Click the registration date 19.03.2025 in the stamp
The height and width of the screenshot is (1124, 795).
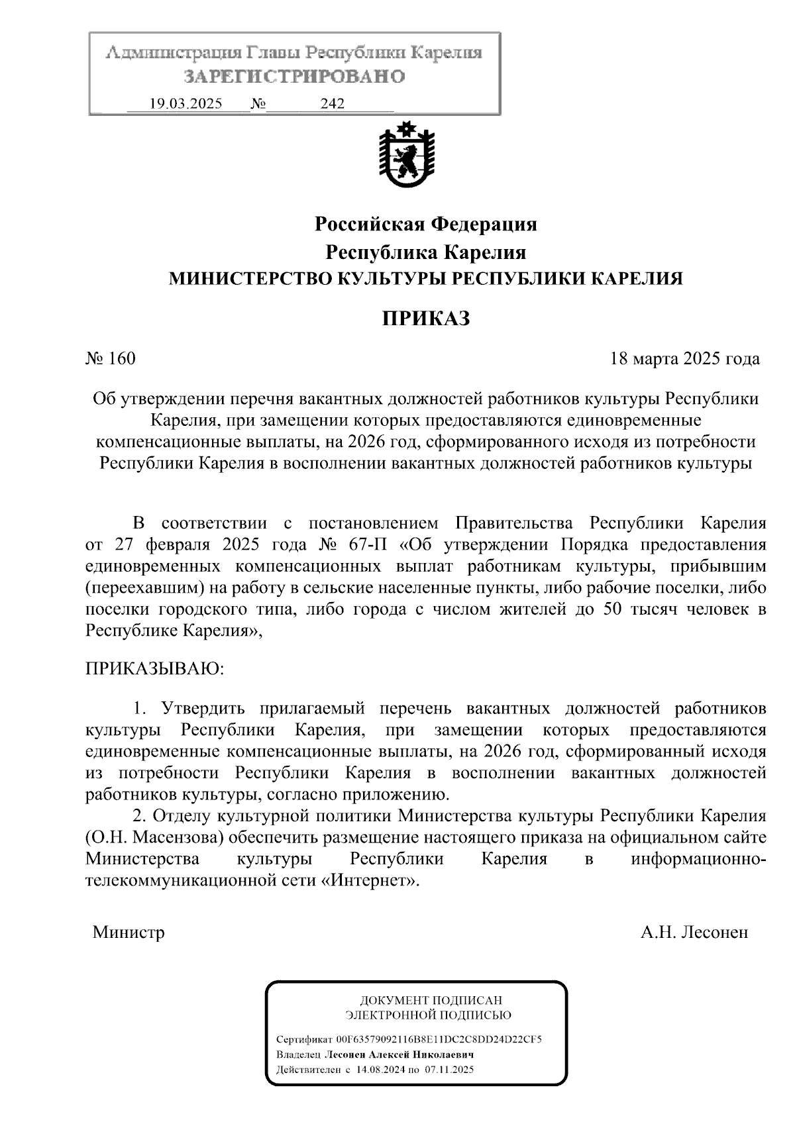coord(186,103)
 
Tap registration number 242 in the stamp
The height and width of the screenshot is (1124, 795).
coord(333,103)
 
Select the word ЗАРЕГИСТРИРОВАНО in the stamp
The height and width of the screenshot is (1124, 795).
coord(295,77)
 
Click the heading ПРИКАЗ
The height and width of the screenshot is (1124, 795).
coord(425,319)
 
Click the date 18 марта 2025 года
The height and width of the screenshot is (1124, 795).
coord(684,359)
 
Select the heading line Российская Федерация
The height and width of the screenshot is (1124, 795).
coord(425,225)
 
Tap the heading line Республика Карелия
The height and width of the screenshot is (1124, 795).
coord(425,252)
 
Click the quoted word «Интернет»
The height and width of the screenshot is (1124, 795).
coord(374,881)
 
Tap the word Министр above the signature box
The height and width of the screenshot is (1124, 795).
coord(129,933)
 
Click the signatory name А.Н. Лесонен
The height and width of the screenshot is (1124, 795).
coord(694,933)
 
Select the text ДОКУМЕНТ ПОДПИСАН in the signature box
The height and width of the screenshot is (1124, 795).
coord(431,1000)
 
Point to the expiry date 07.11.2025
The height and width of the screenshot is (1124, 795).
coord(449,1070)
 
